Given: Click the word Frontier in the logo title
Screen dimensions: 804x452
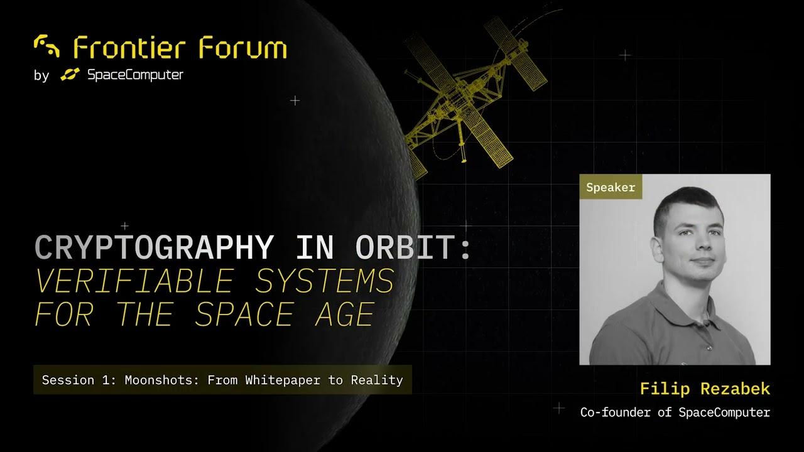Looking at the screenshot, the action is [x=129, y=47].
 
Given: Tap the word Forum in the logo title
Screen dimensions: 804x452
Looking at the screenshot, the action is [x=243, y=47].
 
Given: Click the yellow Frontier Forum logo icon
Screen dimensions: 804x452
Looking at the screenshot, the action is [x=46, y=46].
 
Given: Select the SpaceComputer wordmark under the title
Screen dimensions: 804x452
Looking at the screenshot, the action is [x=135, y=75].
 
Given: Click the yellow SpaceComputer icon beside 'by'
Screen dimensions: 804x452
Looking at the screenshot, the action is [x=70, y=74].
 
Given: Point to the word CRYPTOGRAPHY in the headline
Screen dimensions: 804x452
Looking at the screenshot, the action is [x=155, y=247].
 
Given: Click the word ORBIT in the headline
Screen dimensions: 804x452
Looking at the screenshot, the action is [x=406, y=247].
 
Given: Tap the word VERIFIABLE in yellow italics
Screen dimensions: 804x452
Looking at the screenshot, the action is [x=135, y=281].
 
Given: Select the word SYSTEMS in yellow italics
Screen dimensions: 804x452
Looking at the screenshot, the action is [x=325, y=281].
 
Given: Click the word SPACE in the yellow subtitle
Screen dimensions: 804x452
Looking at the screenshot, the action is [x=244, y=315].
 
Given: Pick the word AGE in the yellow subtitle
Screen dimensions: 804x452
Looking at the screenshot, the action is [x=345, y=315].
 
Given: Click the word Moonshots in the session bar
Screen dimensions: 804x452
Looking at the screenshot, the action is [x=162, y=380].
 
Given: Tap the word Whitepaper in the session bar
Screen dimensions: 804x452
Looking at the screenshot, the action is [x=283, y=380].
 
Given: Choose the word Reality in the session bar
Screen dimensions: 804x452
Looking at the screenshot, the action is [x=377, y=380].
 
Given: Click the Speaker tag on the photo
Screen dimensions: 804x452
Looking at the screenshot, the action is [x=611, y=186].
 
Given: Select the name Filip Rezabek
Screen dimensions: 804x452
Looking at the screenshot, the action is [x=705, y=389].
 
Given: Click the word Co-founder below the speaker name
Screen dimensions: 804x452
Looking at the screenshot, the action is [x=615, y=412].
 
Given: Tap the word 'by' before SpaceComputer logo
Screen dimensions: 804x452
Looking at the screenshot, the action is [x=41, y=76].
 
